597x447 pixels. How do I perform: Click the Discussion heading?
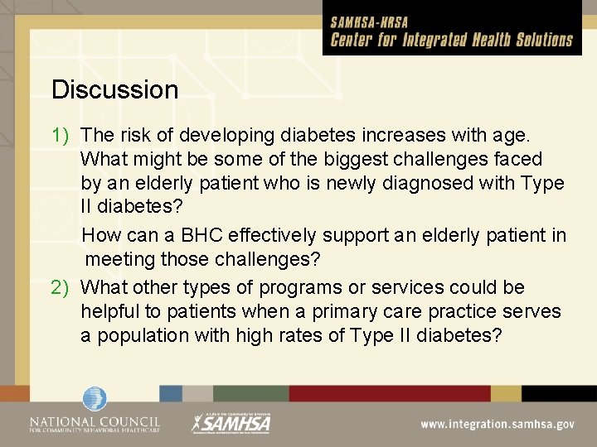tap(114, 89)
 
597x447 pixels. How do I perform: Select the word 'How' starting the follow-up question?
tap(100, 236)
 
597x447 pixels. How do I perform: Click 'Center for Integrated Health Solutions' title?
tap(452, 40)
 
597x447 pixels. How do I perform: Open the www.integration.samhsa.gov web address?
tap(497, 424)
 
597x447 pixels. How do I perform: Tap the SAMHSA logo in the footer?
tap(231, 422)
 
